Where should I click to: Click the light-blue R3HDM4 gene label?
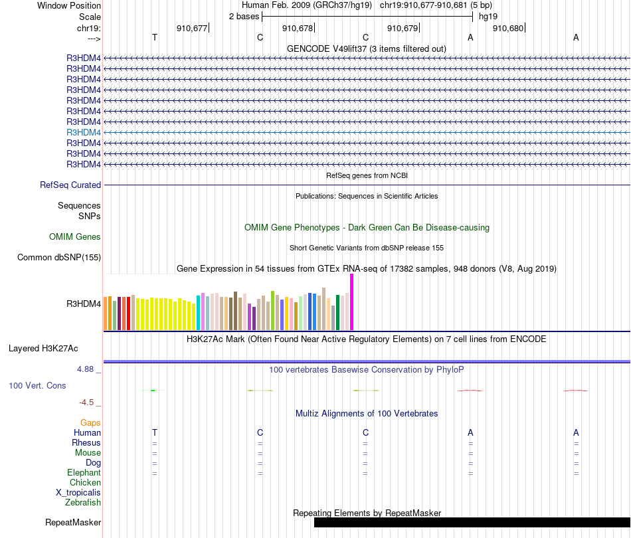pyautogui.click(x=84, y=132)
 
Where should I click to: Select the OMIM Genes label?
pyautogui.click(x=75, y=236)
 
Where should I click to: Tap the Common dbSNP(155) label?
pyautogui.click(x=59, y=258)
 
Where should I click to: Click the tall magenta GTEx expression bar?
pyautogui.click(x=351, y=302)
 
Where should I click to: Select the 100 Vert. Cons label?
pyautogui.click(x=37, y=385)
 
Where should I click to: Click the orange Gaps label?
pyautogui.click(x=90, y=422)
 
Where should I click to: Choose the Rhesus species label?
pyautogui.click(x=86, y=443)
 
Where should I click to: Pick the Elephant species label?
pyautogui.click(x=84, y=473)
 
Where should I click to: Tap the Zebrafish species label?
pyautogui.click(x=83, y=503)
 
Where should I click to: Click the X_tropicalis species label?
pyautogui.click(x=78, y=493)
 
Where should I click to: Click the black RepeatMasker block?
pyautogui.click(x=472, y=523)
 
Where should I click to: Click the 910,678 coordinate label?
pyautogui.click(x=297, y=29)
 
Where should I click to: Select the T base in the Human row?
pyautogui.click(x=155, y=433)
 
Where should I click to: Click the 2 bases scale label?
pyautogui.click(x=244, y=17)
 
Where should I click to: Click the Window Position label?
pyautogui.click(x=69, y=5)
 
